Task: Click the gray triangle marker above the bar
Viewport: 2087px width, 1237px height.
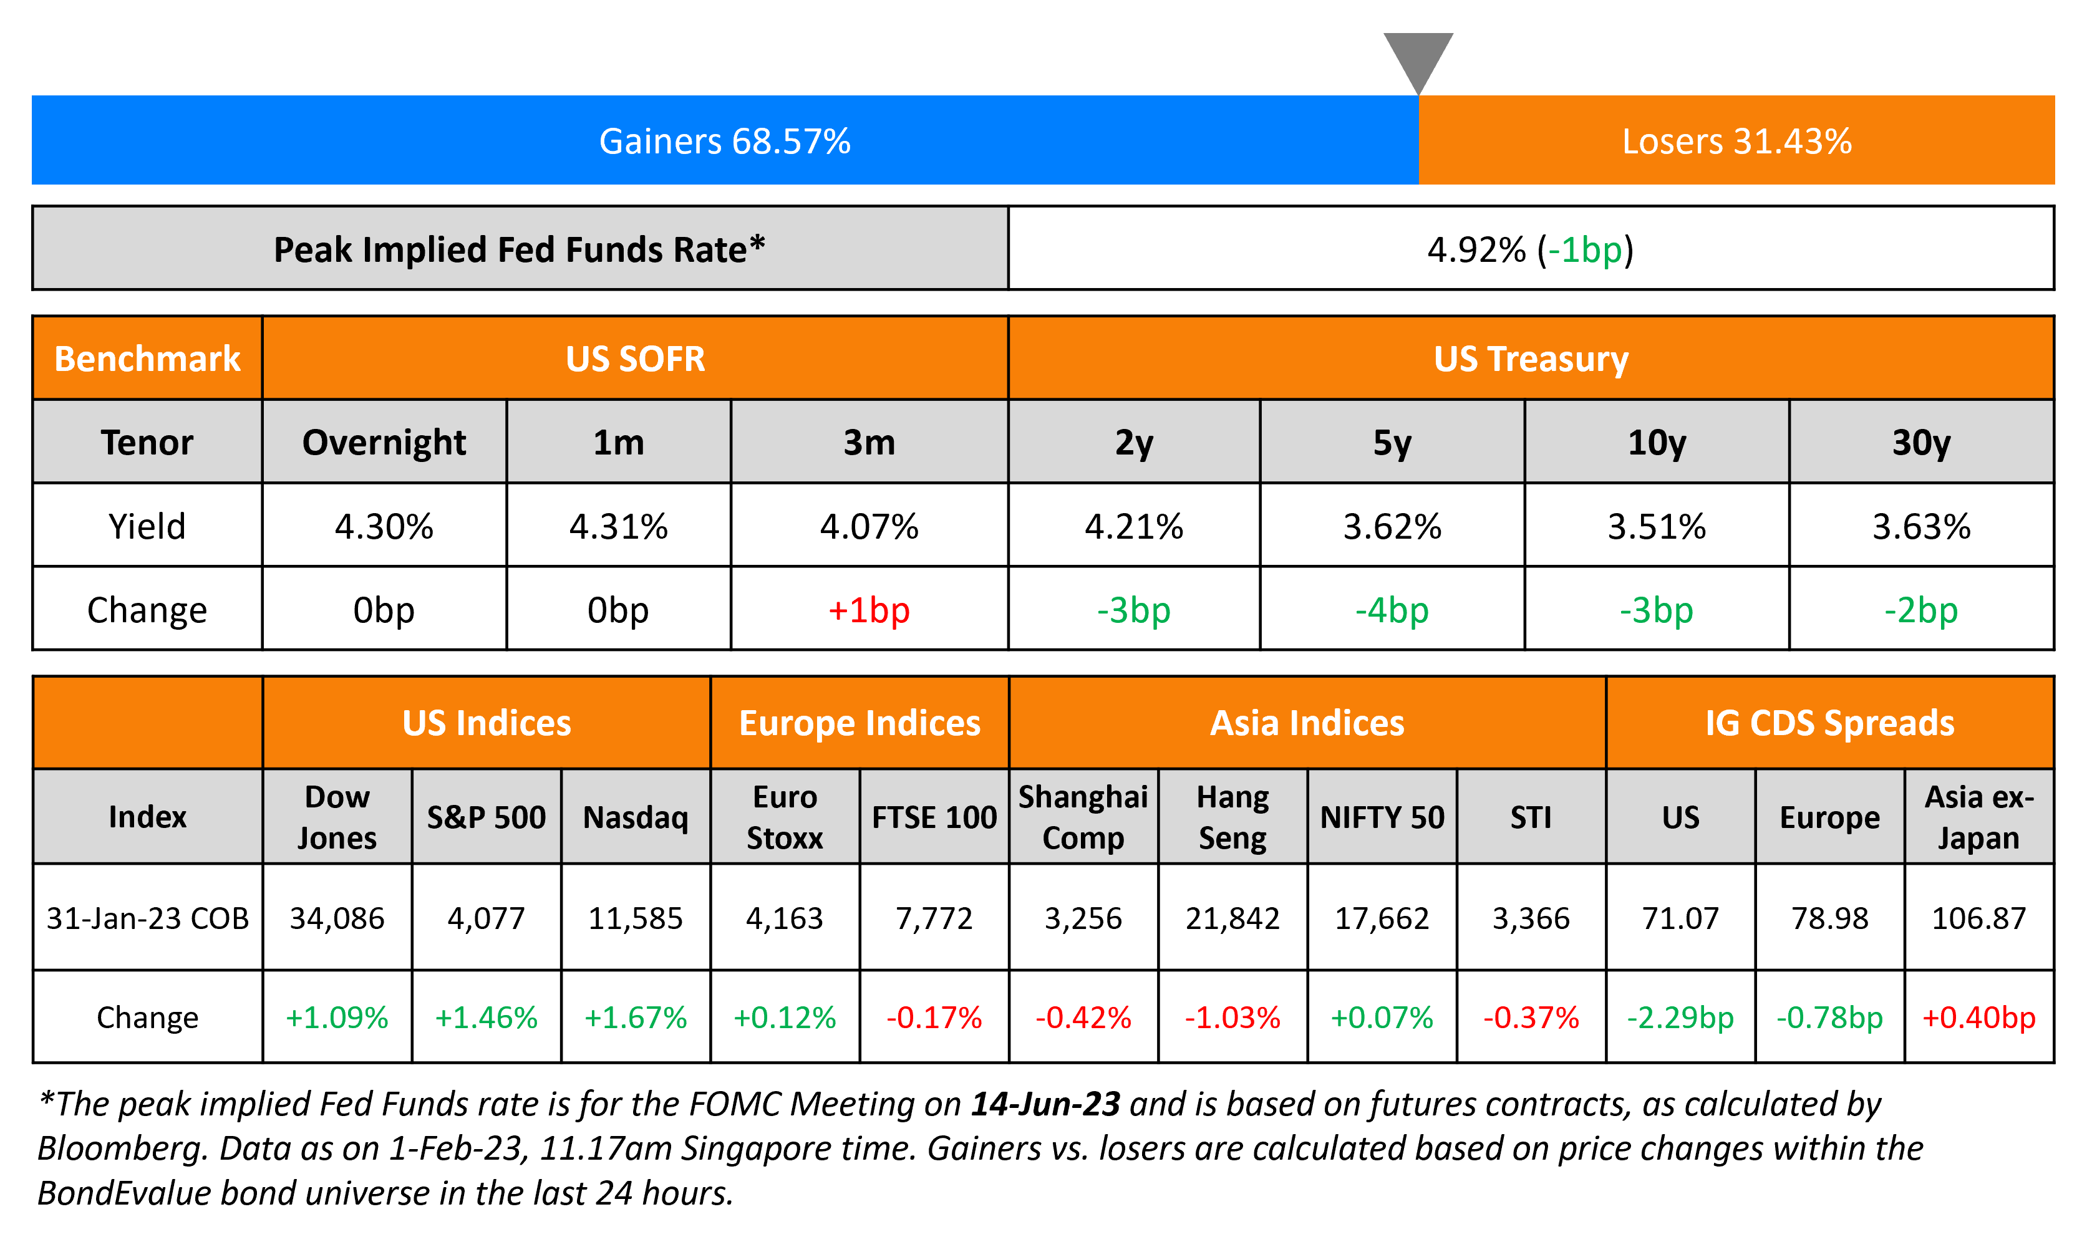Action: coord(1418,59)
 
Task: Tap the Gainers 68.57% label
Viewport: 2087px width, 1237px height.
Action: coord(725,141)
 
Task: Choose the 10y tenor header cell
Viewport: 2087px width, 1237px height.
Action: coord(1656,442)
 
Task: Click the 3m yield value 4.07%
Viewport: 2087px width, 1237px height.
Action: coord(869,526)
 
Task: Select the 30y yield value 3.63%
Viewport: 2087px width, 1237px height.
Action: coord(1921,526)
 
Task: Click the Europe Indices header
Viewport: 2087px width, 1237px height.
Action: coord(859,723)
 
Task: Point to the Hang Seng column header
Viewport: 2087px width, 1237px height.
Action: coord(1232,817)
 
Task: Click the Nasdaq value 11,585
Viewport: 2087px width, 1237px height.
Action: coord(636,918)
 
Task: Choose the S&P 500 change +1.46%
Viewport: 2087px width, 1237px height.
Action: coord(486,1017)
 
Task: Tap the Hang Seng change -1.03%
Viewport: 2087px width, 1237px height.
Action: coord(1232,1017)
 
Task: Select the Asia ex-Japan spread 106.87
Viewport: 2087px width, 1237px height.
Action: coord(1978,918)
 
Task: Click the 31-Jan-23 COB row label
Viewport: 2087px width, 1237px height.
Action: coord(148,918)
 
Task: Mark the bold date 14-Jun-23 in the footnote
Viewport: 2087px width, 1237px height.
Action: coord(1045,1104)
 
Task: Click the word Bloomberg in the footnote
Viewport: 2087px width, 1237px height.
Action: coord(121,1148)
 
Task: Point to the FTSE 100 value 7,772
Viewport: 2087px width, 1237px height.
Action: coord(934,918)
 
